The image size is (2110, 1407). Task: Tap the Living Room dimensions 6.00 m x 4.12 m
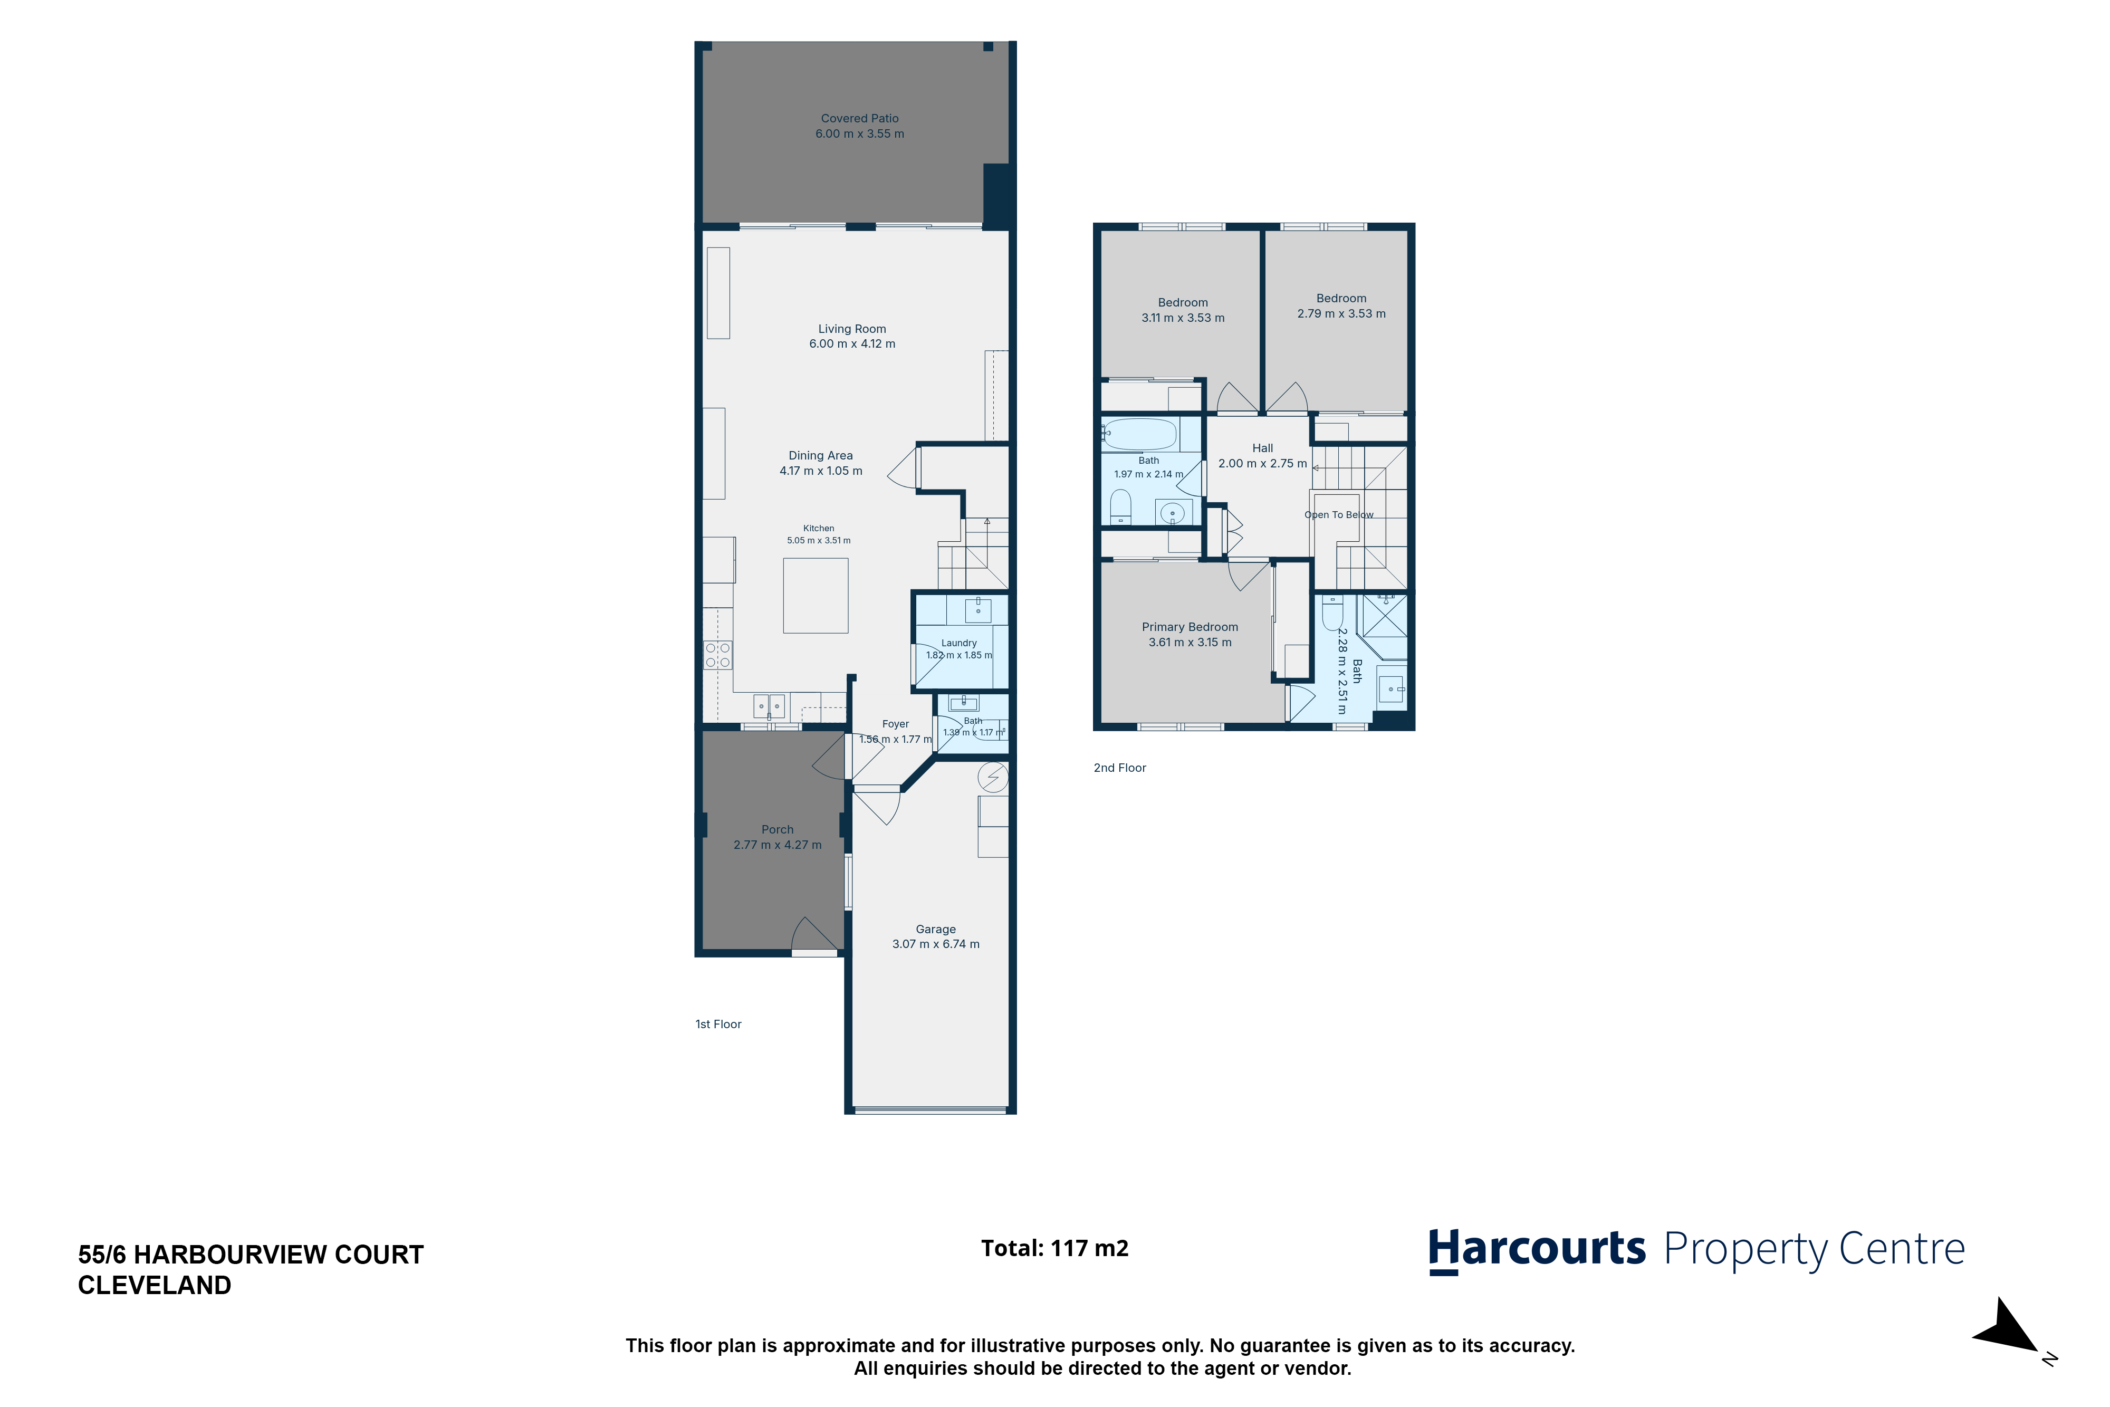click(852, 343)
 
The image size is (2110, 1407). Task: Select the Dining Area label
click(821, 456)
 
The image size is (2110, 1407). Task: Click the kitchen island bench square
click(816, 596)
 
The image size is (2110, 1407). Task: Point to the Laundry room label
click(959, 644)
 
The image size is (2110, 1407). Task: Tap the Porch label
click(778, 830)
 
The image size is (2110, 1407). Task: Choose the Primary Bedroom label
click(1190, 627)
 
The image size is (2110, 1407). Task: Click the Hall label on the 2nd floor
click(1262, 448)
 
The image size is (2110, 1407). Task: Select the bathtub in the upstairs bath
click(1139, 434)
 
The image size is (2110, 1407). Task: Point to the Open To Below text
click(1338, 515)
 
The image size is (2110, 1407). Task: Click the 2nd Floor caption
click(1119, 768)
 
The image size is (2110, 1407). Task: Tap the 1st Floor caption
click(718, 1025)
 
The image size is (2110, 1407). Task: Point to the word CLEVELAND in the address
click(155, 1286)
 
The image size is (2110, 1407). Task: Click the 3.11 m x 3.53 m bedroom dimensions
click(1182, 318)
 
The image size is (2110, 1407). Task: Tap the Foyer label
click(895, 724)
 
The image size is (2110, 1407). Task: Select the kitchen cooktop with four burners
click(718, 655)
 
